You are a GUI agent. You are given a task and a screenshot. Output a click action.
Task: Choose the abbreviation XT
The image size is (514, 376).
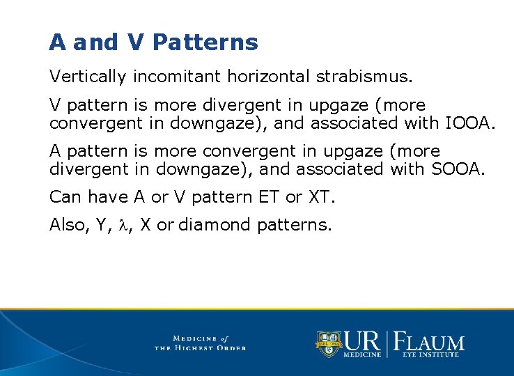point(320,197)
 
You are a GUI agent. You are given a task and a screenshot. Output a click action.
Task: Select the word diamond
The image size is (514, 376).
point(216,226)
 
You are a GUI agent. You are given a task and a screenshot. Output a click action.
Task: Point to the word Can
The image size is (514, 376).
point(65,197)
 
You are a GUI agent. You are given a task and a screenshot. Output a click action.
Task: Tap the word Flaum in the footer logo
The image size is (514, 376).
point(430,341)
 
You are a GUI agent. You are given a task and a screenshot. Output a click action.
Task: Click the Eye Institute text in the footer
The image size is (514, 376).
point(430,355)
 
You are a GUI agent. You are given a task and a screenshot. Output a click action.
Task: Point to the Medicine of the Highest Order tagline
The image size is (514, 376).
point(201,343)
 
